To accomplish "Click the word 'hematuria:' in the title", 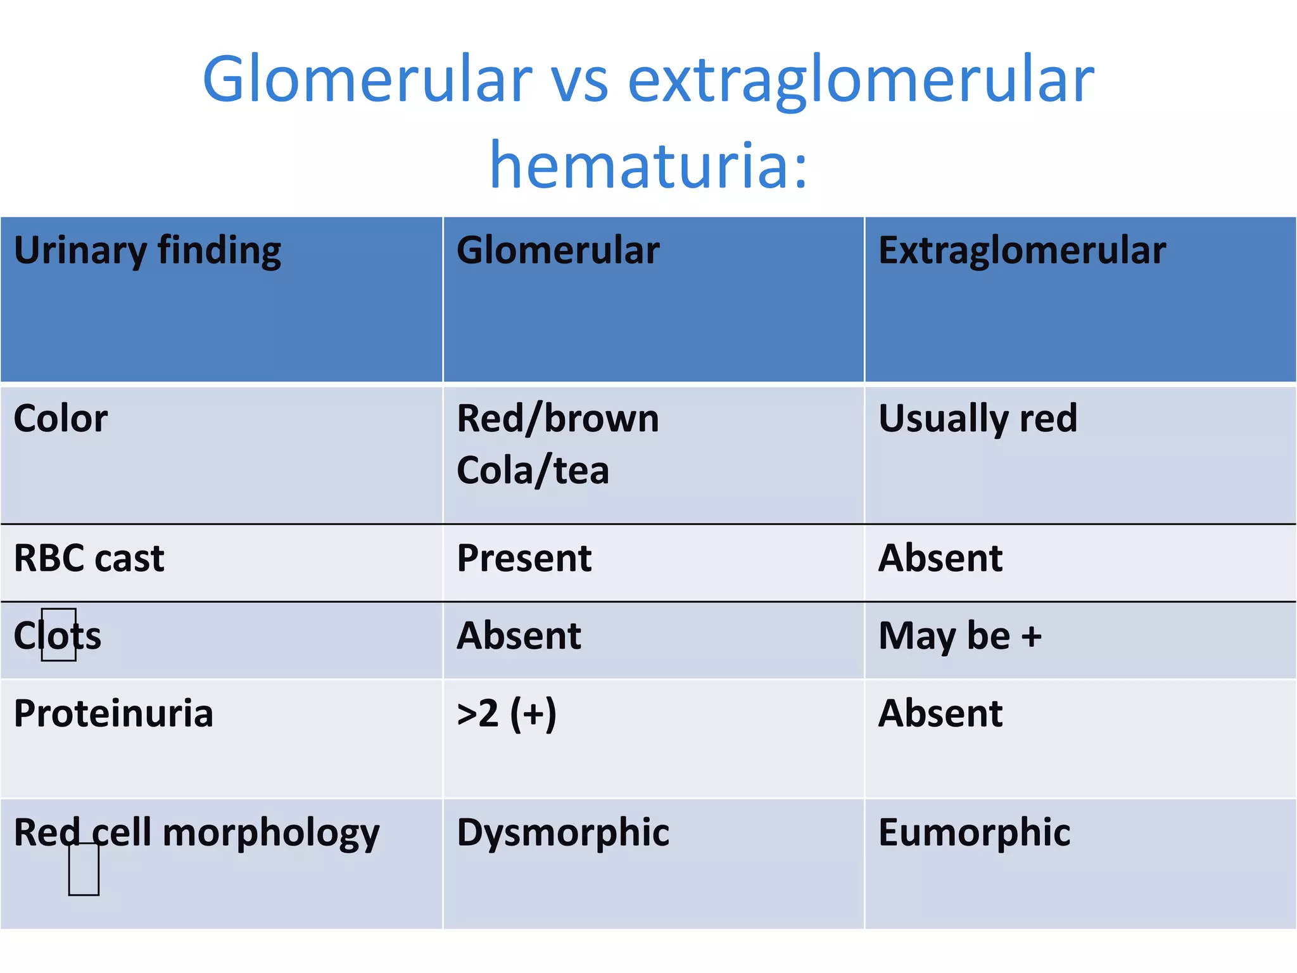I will coord(648,166).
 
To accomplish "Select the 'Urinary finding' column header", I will coord(148,251).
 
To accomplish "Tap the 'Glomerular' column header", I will coord(558,250).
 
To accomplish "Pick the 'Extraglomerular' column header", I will coord(1022,251).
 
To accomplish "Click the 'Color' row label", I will coord(61,419).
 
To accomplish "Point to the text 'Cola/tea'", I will coord(533,471).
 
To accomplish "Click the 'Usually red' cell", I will coord(978,419).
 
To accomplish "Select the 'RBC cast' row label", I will coord(89,559).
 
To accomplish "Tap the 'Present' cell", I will coord(524,559).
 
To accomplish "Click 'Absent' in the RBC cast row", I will coord(940,559).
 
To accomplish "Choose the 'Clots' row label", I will coord(58,636).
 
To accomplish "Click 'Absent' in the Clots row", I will coord(519,636).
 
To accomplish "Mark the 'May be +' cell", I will coord(960,636).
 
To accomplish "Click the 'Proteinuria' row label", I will coord(113,714).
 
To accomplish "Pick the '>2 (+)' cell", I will coord(507,714).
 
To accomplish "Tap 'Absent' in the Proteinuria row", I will coord(940,714).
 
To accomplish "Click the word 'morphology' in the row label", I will coord(271,833).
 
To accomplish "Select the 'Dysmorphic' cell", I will coord(563,832).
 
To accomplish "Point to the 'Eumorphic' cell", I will coord(974,832).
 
